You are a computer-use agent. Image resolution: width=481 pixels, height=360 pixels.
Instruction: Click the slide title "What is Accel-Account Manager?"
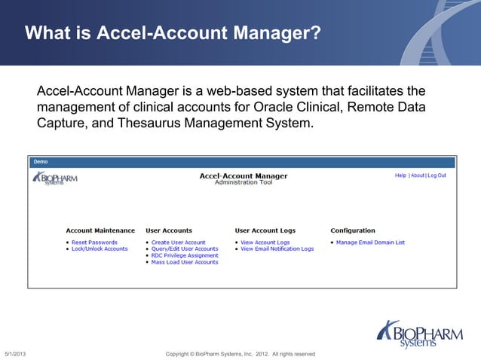pyautogui.click(x=173, y=34)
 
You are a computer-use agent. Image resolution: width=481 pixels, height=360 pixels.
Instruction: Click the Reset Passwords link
pyautogui.click(x=94, y=243)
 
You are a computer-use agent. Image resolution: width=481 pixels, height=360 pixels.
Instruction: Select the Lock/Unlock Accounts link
pyautogui.click(x=100, y=249)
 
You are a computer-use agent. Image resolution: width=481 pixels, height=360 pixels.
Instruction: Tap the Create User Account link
pyautogui.click(x=178, y=243)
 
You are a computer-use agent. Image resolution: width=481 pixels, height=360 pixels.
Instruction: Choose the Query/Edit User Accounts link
pyautogui.click(x=184, y=249)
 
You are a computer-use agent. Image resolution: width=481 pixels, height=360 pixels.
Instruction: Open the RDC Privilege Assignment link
pyautogui.click(x=184, y=255)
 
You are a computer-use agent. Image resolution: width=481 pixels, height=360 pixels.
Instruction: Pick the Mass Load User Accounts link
pyautogui.click(x=184, y=262)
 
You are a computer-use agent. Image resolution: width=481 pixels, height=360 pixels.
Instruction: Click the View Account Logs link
pyautogui.click(x=265, y=243)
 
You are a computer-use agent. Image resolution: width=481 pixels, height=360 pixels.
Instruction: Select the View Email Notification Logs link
pyautogui.click(x=277, y=249)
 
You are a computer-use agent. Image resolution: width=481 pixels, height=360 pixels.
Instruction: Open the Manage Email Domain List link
pyautogui.click(x=370, y=243)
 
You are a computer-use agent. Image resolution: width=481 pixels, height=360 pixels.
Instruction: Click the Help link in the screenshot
pyautogui.click(x=400, y=175)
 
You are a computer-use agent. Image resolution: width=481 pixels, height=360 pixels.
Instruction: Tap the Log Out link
pyautogui.click(x=437, y=175)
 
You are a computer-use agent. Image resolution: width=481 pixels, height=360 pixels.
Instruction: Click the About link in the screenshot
pyautogui.click(x=417, y=175)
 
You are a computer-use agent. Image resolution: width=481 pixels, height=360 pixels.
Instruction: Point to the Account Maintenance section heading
pyautogui.click(x=100, y=230)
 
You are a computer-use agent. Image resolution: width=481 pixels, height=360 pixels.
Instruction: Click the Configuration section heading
pyautogui.click(x=352, y=230)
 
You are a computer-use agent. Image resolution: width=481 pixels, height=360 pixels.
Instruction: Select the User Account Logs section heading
pyautogui.click(x=265, y=230)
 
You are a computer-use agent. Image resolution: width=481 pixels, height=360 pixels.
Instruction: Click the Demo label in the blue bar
pyautogui.click(x=40, y=162)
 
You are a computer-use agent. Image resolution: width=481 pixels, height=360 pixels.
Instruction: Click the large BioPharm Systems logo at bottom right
pyautogui.click(x=419, y=333)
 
